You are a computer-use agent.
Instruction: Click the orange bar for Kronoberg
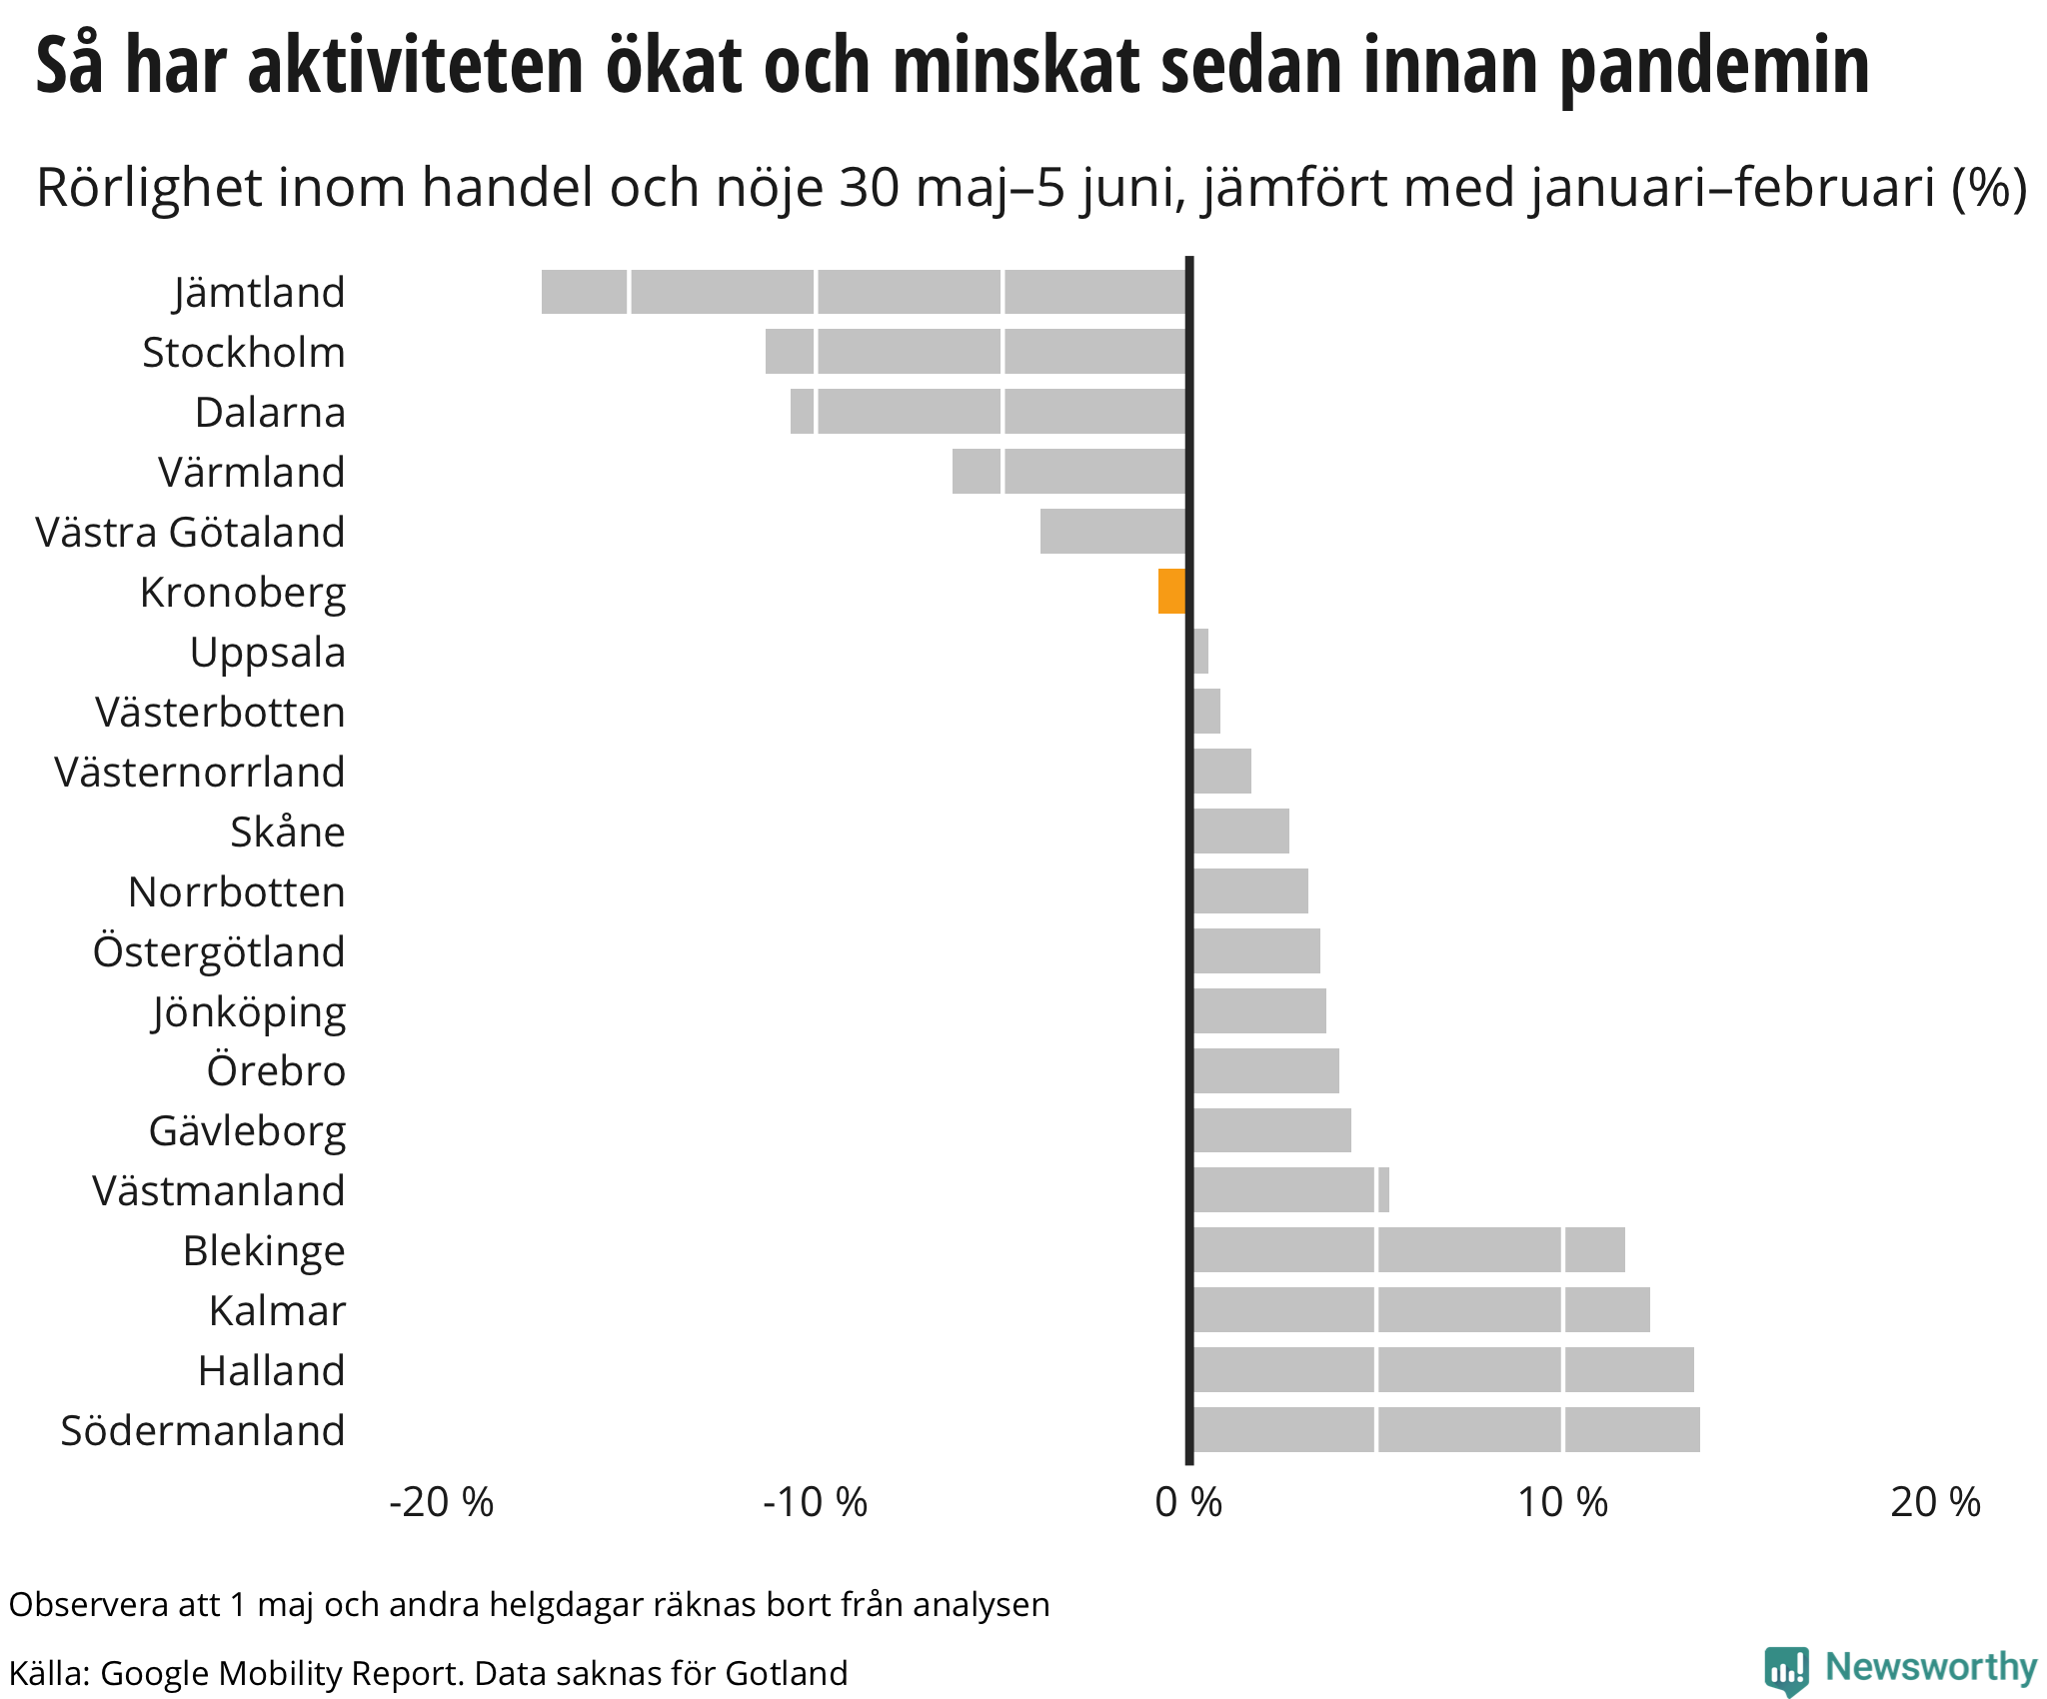(1171, 591)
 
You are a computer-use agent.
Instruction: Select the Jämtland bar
(864, 292)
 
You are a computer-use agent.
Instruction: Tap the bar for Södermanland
(1445, 1429)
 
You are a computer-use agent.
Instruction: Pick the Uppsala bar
(1200, 652)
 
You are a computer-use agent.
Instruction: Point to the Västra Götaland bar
(1112, 531)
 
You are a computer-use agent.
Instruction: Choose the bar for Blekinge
(1408, 1249)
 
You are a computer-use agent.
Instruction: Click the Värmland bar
(1068, 471)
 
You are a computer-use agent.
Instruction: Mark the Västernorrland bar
(1221, 771)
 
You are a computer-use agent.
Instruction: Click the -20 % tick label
(441, 1502)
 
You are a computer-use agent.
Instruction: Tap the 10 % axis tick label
(1562, 1502)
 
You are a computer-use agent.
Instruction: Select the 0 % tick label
(1188, 1502)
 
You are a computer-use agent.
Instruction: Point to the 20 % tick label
(1935, 1502)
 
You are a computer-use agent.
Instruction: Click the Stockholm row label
(243, 352)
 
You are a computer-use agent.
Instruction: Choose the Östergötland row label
(219, 950)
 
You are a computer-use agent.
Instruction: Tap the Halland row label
(271, 1370)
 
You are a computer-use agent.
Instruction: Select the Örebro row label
(276, 1070)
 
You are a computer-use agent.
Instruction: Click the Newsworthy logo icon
(1786, 1671)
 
